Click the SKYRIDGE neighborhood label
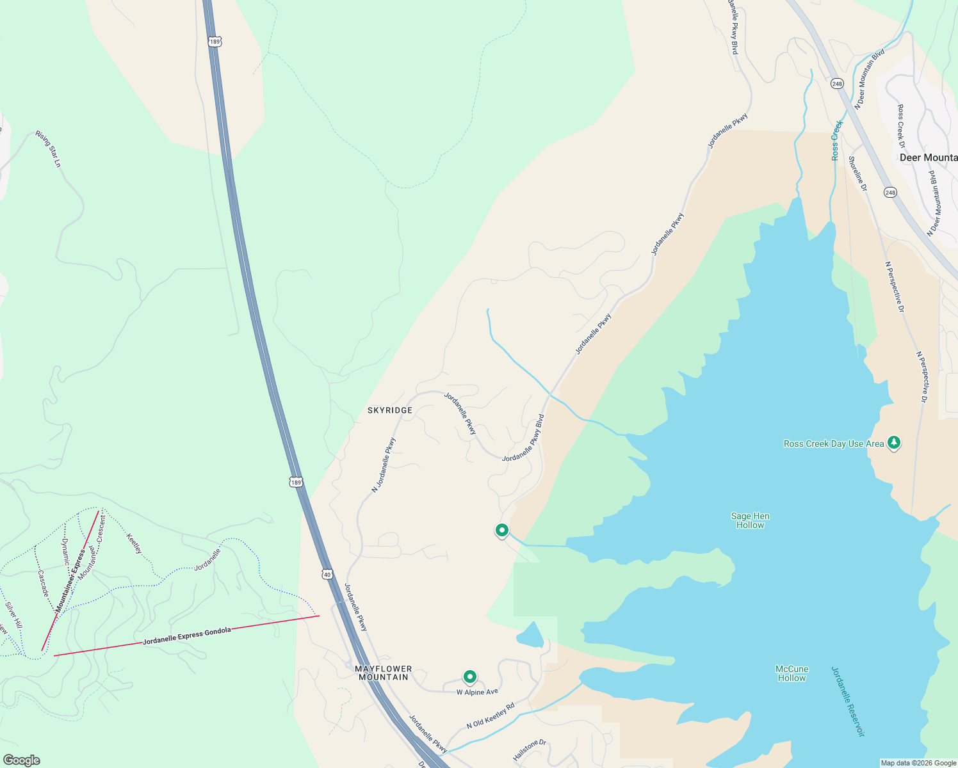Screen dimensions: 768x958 390,410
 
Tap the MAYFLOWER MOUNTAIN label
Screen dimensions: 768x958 384,673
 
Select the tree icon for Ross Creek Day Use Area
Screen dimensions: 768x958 894,442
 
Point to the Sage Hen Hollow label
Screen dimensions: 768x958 750,520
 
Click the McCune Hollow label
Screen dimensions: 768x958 792,673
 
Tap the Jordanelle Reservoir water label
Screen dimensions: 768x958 848,701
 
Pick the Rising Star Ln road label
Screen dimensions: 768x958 48,149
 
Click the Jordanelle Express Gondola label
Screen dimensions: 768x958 187,636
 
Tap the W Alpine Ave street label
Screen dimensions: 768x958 477,692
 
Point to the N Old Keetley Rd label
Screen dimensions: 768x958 491,716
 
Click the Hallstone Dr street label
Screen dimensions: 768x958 530,750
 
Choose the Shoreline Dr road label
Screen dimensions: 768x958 857,173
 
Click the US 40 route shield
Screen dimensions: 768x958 328,575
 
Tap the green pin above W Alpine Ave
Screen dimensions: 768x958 470,677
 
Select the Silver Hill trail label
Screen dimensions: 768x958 13,614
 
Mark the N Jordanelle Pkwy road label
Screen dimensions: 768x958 384,465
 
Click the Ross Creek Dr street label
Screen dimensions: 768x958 902,122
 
